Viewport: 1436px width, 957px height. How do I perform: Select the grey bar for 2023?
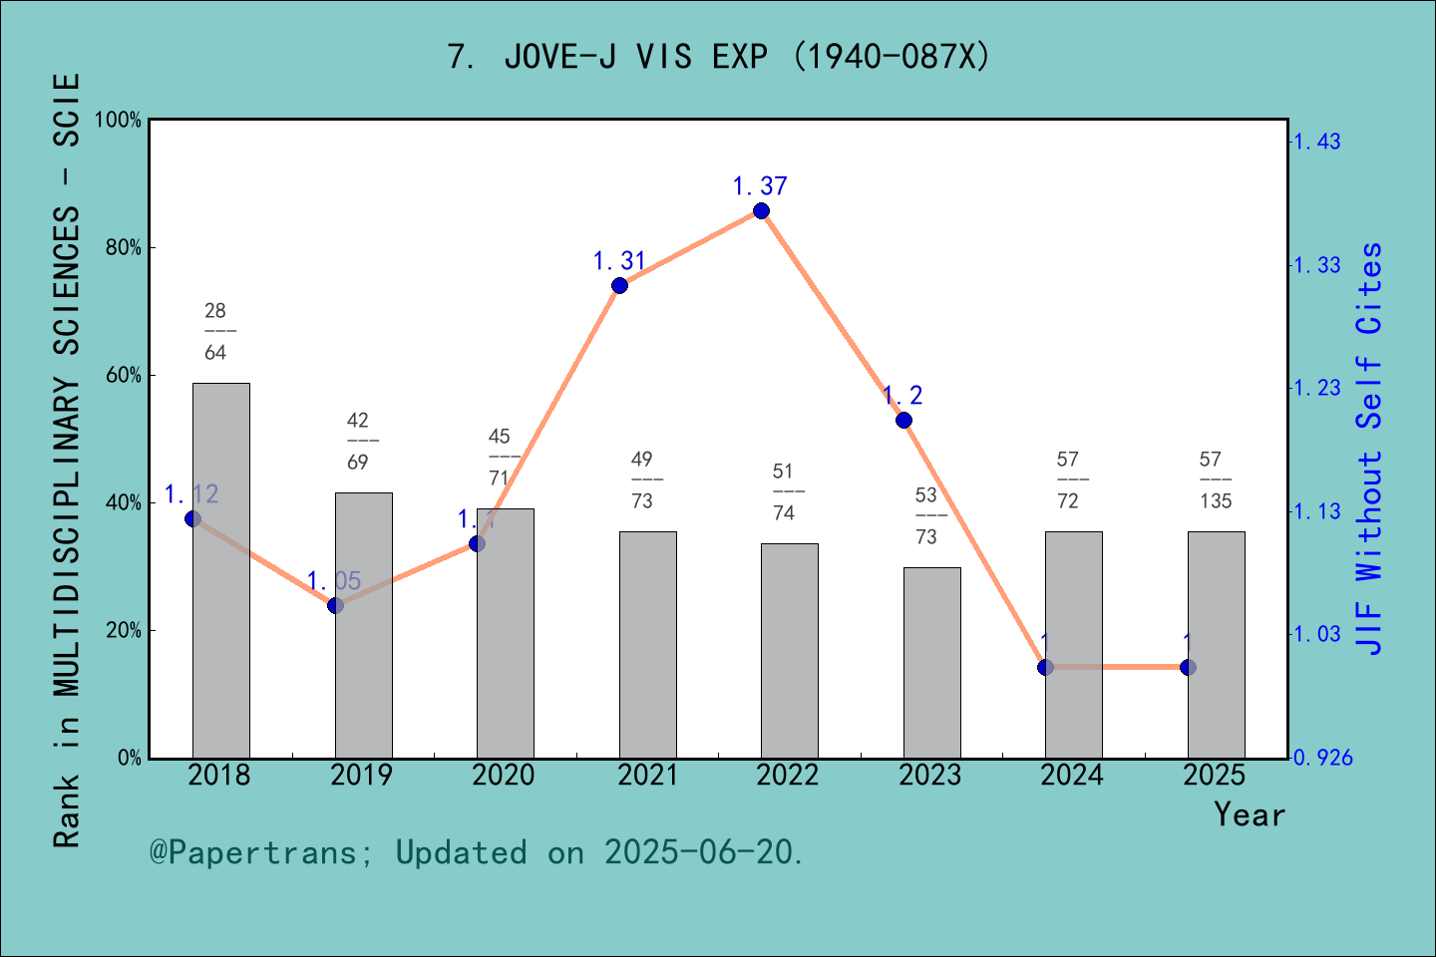(931, 663)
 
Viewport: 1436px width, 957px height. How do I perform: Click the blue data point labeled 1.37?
(761, 210)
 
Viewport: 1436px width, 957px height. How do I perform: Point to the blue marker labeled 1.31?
(619, 286)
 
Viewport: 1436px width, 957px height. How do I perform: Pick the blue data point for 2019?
(335, 605)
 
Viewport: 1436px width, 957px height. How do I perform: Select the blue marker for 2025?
(1188, 667)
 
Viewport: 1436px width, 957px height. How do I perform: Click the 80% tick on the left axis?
(124, 248)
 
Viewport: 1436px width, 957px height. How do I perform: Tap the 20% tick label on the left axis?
(124, 631)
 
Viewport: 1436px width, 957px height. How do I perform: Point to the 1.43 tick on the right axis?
(1316, 142)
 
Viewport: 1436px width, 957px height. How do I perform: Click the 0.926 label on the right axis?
(1322, 759)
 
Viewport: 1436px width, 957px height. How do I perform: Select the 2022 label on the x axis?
(787, 776)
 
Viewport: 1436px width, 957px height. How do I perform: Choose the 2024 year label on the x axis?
(1072, 776)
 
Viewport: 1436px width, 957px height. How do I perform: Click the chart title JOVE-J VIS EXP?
(718, 57)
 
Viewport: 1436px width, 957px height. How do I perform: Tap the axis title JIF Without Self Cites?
(1370, 449)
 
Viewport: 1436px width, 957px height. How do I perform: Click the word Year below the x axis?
(1250, 814)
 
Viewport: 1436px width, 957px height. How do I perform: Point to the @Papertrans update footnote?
(477, 853)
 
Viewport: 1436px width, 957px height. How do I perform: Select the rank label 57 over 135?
(1215, 480)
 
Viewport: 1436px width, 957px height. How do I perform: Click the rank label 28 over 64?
(215, 332)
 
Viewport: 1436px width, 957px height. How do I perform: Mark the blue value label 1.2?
(902, 396)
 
